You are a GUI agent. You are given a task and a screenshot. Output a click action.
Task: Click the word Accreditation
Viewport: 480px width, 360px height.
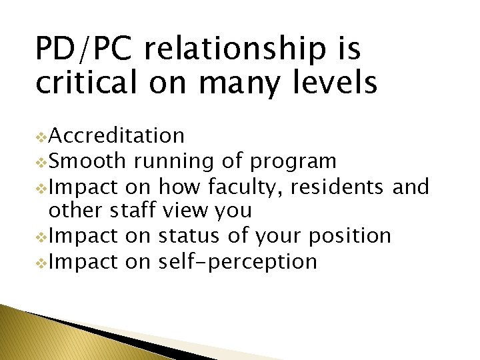[x=117, y=136]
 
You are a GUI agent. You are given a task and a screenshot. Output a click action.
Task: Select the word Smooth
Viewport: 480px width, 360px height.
[x=87, y=161]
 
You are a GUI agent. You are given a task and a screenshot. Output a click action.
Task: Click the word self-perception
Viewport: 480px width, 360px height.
[x=238, y=261]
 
